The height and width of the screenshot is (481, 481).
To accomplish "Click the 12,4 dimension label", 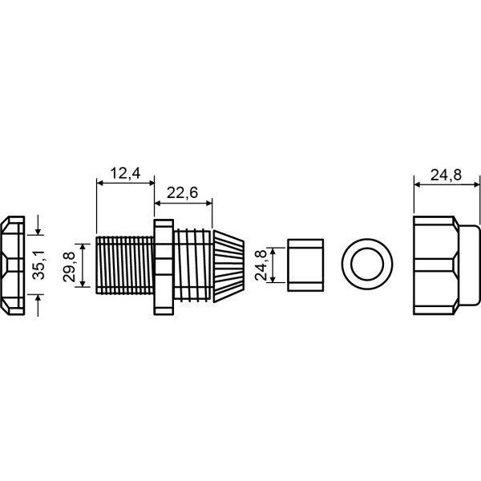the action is (x=125, y=174).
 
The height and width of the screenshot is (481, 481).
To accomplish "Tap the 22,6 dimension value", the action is (x=183, y=193).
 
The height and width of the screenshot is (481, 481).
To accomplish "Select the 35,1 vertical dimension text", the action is (x=39, y=265).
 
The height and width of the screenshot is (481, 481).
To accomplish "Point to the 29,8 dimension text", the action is (x=69, y=267).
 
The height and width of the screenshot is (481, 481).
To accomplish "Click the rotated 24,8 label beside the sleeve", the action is (x=261, y=265).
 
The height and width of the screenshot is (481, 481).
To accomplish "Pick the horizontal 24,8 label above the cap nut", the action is (x=446, y=176).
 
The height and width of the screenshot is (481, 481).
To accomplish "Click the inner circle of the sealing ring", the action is (x=367, y=265).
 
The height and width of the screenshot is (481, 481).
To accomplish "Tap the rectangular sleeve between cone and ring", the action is (x=305, y=265).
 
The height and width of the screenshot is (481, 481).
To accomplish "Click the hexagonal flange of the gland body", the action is (x=164, y=267).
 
